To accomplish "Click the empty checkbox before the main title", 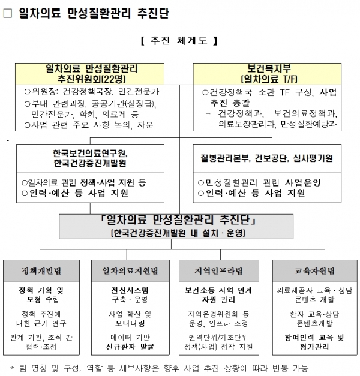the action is (8, 13).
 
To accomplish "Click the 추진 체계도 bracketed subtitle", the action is (179, 41).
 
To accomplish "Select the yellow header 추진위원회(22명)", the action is (89, 74).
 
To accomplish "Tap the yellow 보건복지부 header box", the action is (267, 74).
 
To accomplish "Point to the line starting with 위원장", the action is (92, 92).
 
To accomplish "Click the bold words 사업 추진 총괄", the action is (274, 97).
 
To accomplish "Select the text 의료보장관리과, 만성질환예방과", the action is (277, 124).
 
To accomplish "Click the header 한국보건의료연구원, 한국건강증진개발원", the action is (90, 158).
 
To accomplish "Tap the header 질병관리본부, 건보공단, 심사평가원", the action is (267, 158).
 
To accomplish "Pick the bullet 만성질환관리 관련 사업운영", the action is (259, 183).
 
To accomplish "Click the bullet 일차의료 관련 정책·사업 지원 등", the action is (84, 183).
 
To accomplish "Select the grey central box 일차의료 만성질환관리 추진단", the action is (176, 226).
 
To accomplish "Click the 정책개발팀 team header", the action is (41, 271).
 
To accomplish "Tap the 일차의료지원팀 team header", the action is (130, 271).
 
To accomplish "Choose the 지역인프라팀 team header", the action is (219, 271).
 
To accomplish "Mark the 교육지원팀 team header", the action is (315, 271).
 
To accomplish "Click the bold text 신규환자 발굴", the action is (130, 347).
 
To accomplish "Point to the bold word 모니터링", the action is (130, 323).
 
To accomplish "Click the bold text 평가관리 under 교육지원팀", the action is (314, 347).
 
